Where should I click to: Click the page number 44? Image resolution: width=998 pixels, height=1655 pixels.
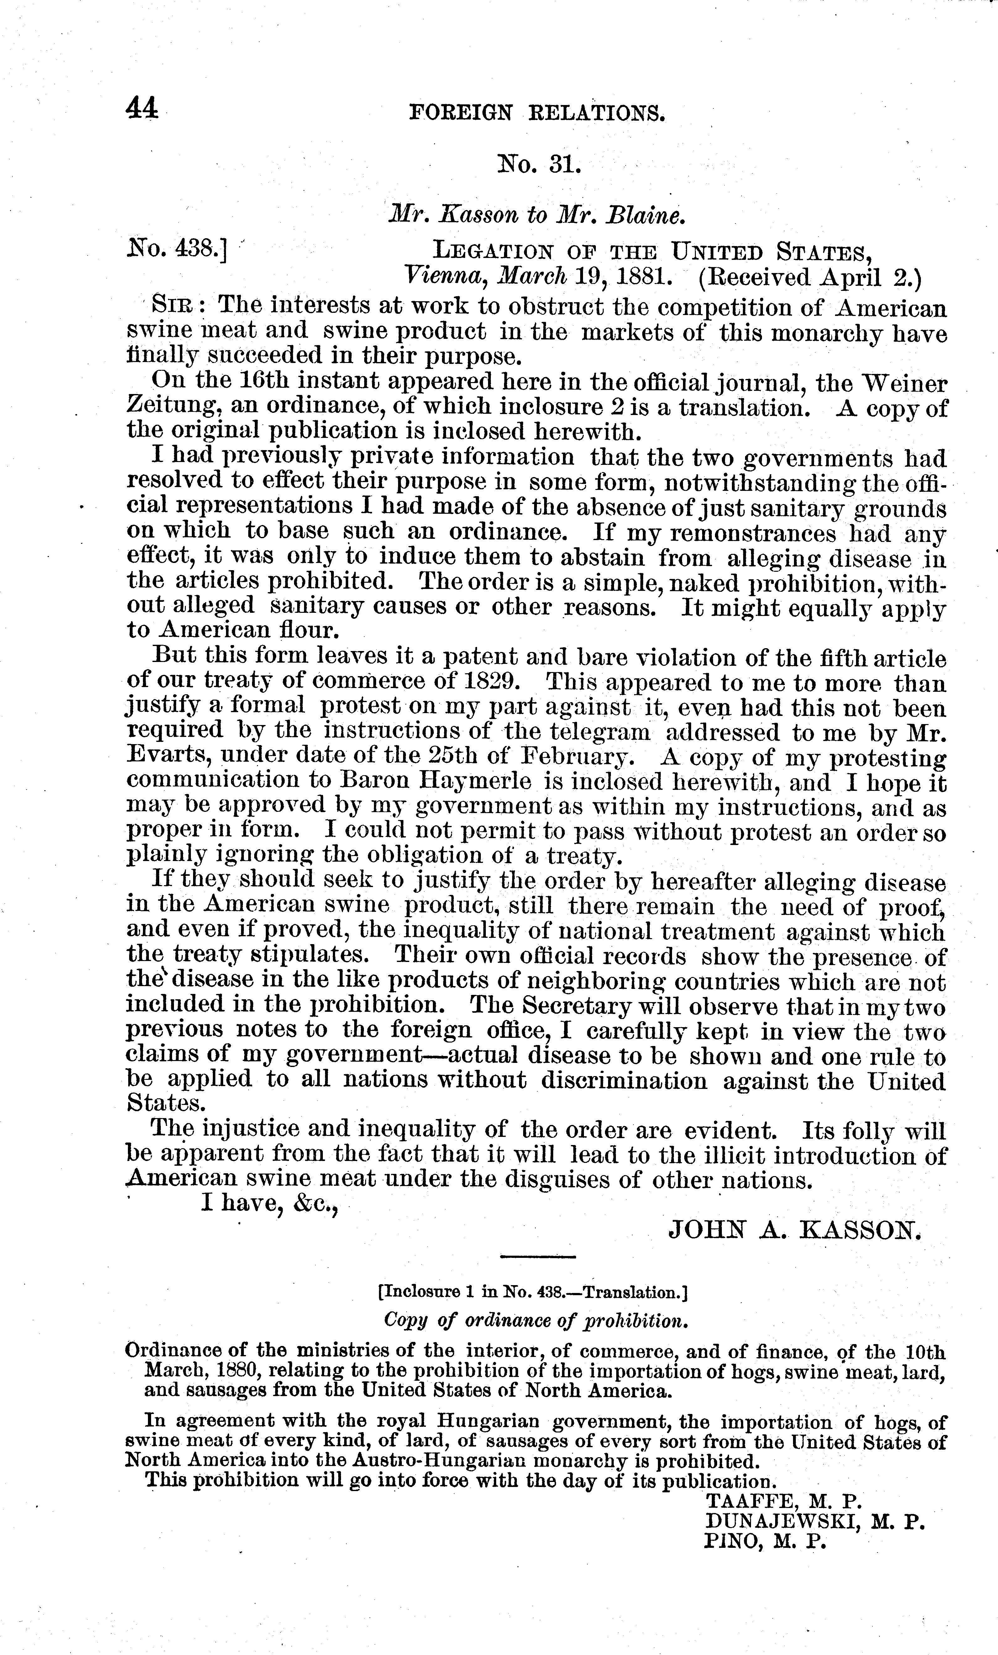pos(141,108)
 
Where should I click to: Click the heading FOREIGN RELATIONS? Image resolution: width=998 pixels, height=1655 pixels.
pos(537,112)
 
